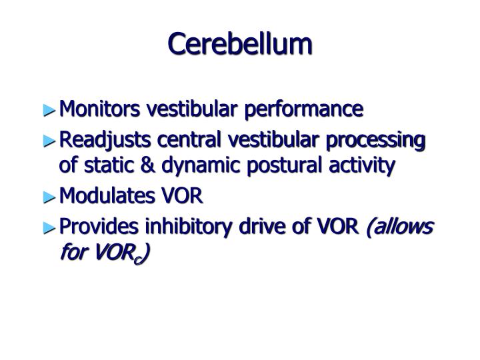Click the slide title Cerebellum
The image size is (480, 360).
click(240, 44)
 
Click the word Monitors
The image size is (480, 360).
click(99, 109)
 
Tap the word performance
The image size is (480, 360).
click(304, 110)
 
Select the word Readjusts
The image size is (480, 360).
click(105, 141)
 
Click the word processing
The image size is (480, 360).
click(375, 141)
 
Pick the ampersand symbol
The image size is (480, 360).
click(147, 165)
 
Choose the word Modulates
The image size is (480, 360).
click(107, 195)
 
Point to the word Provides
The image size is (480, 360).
click(99, 226)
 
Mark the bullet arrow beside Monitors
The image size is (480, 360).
click(49, 110)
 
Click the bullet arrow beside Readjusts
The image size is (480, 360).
click(49, 141)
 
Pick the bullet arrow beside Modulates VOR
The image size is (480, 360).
click(49, 197)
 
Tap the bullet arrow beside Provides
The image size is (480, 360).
click(49, 228)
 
